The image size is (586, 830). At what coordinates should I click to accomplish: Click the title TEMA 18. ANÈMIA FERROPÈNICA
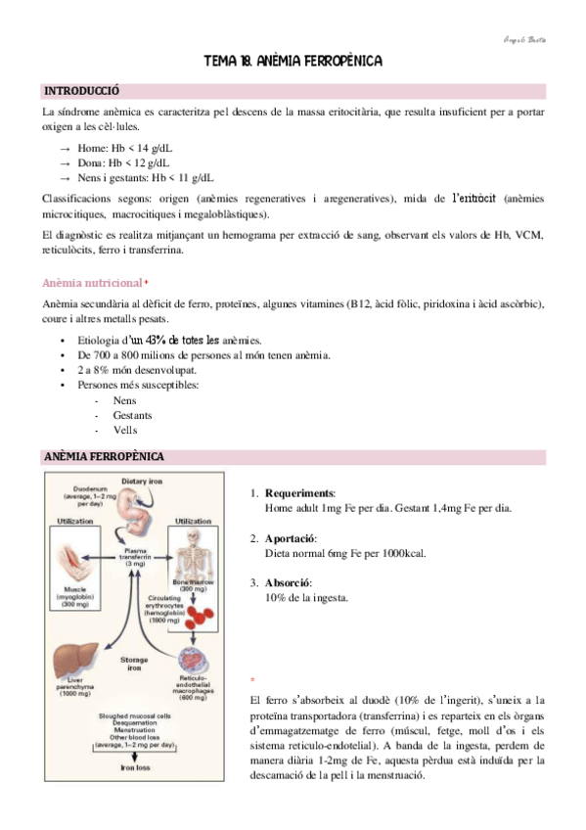click(x=292, y=62)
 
